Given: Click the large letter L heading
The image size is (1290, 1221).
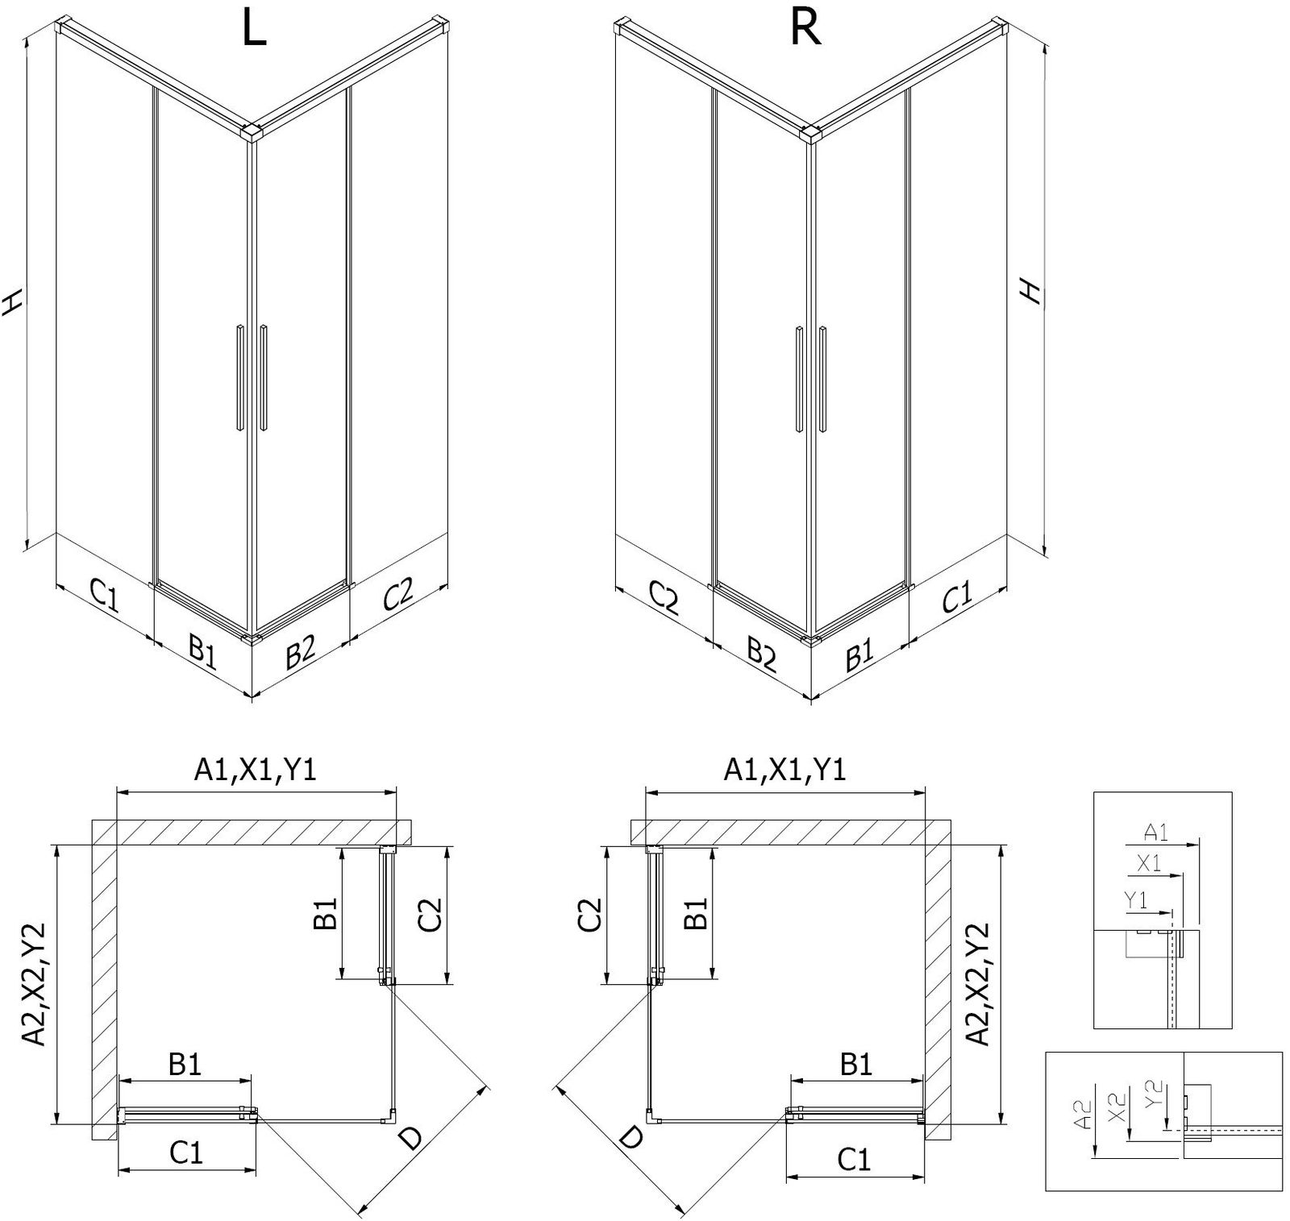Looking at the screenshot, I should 254,30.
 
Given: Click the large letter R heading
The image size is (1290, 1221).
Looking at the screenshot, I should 805,29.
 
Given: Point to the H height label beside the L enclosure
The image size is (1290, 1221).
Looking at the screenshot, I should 12,301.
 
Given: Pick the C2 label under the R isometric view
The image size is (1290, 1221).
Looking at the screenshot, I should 663,598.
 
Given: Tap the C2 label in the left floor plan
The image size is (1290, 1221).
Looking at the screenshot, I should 431,914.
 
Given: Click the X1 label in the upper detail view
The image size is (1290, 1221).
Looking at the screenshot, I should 1149,863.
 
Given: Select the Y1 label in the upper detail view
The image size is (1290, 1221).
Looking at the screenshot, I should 1136,900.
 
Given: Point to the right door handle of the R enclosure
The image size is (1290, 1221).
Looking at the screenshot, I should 822,377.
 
